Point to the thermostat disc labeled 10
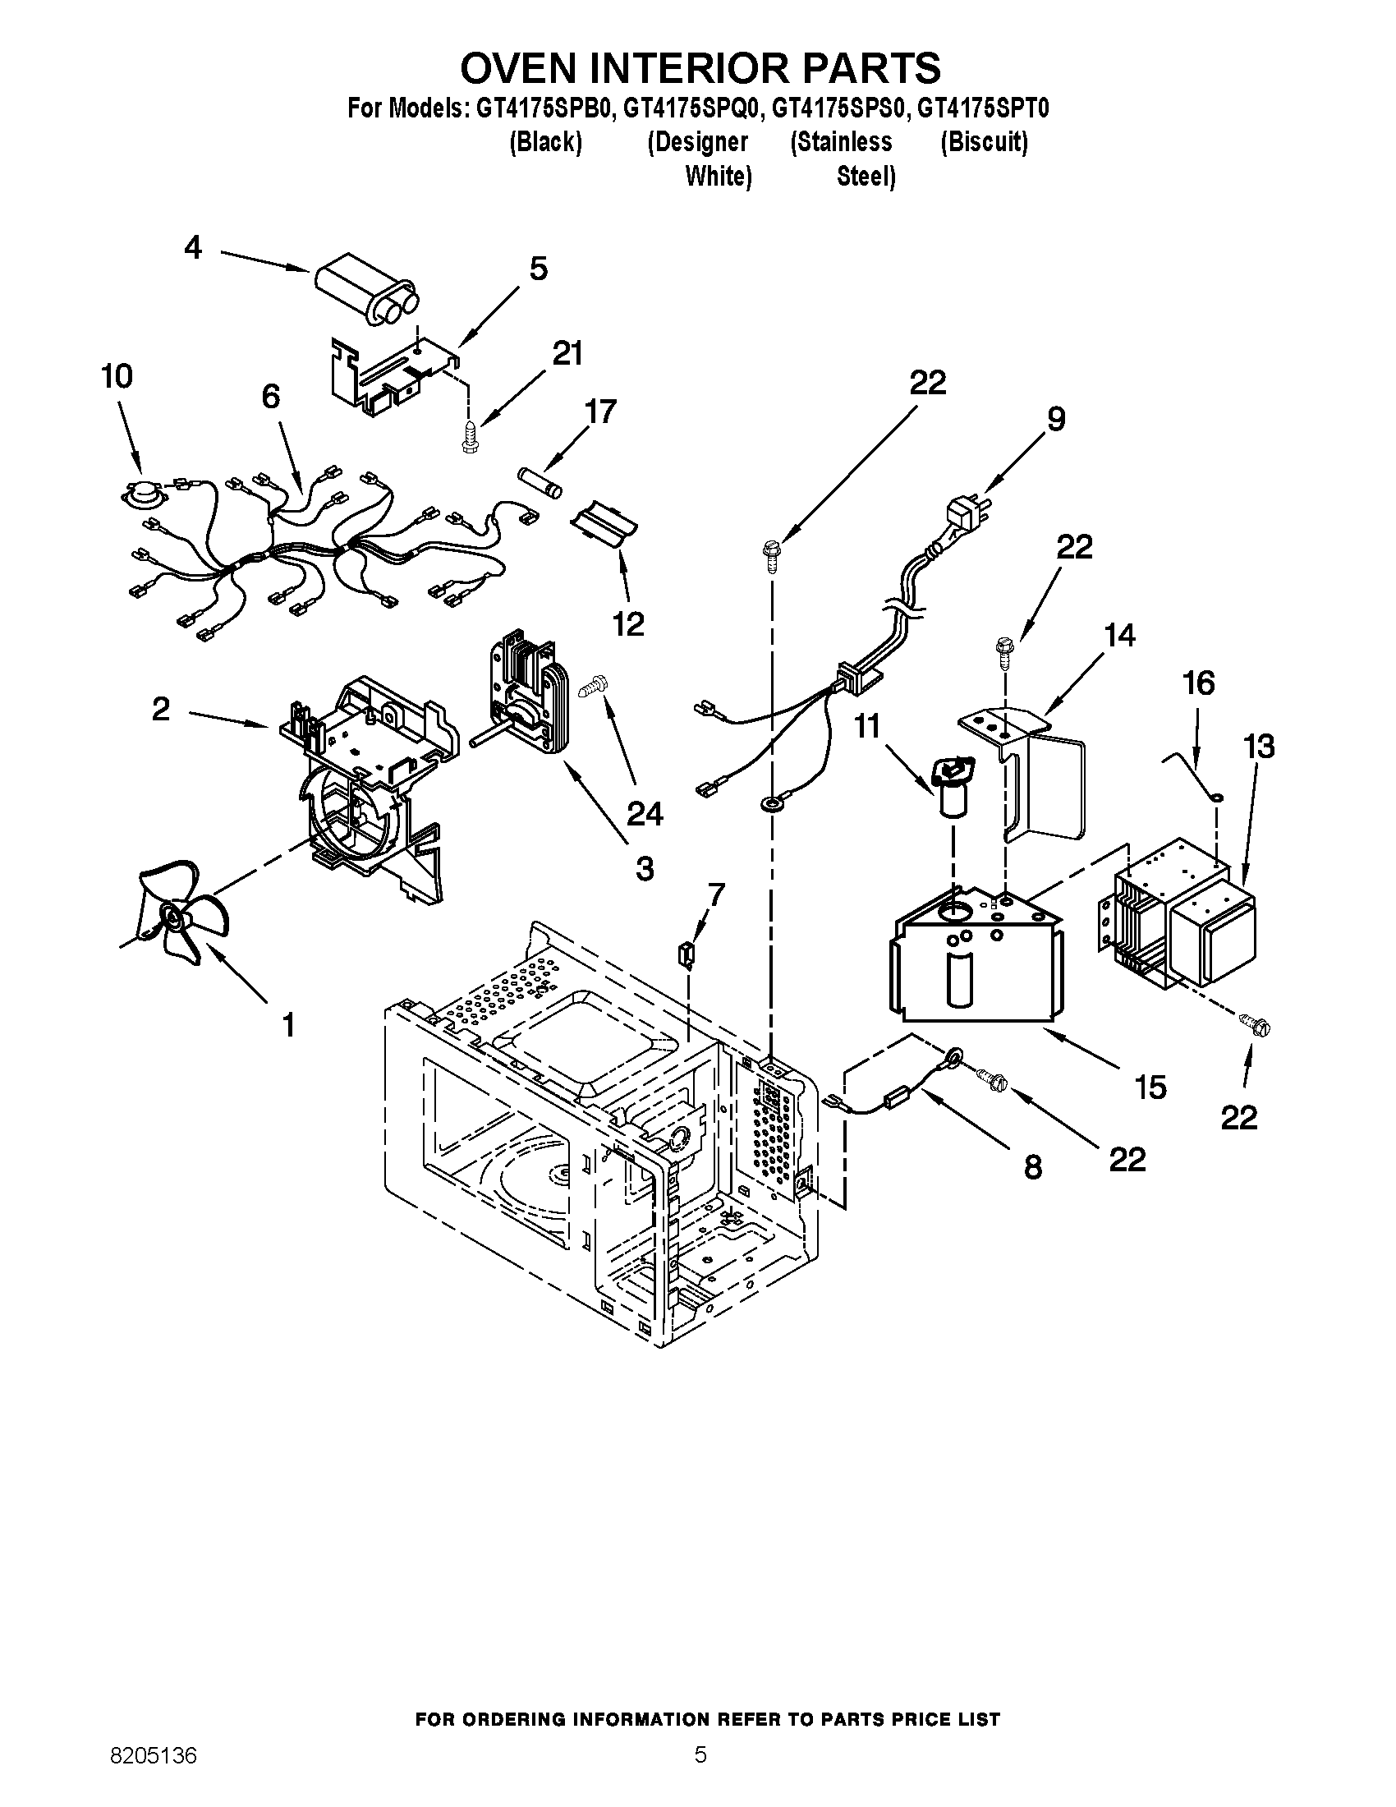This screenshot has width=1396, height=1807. [137, 494]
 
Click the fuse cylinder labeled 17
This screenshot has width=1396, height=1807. [540, 483]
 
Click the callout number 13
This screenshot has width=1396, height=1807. [1259, 747]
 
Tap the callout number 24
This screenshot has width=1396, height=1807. [645, 814]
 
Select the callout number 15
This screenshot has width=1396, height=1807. [1150, 1087]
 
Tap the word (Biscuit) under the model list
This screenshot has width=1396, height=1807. [984, 142]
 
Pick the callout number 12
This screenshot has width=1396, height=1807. [628, 624]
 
